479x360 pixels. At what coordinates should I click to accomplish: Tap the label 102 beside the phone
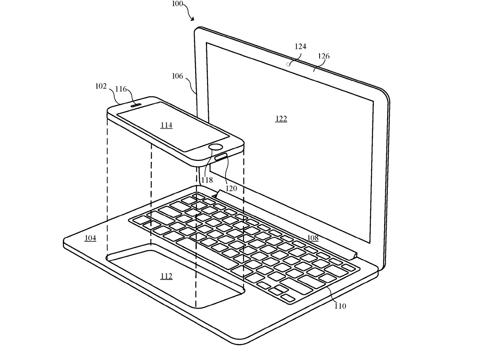click(101, 87)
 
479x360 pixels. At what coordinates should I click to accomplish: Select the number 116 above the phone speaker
click(121, 89)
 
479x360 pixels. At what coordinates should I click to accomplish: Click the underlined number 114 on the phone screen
click(166, 125)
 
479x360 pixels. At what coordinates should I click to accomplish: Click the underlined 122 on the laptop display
click(281, 119)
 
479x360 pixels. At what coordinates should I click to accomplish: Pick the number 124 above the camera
click(300, 47)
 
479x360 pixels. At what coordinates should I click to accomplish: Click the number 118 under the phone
click(207, 179)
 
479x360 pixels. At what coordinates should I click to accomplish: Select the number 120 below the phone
click(231, 188)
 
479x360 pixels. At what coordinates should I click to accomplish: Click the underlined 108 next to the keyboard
click(313, 238)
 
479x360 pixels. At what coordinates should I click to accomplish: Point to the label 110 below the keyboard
click(341, 306)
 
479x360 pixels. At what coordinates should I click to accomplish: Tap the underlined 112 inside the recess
click(166, 276)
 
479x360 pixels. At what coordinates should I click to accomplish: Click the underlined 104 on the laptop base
click(90, 238)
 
